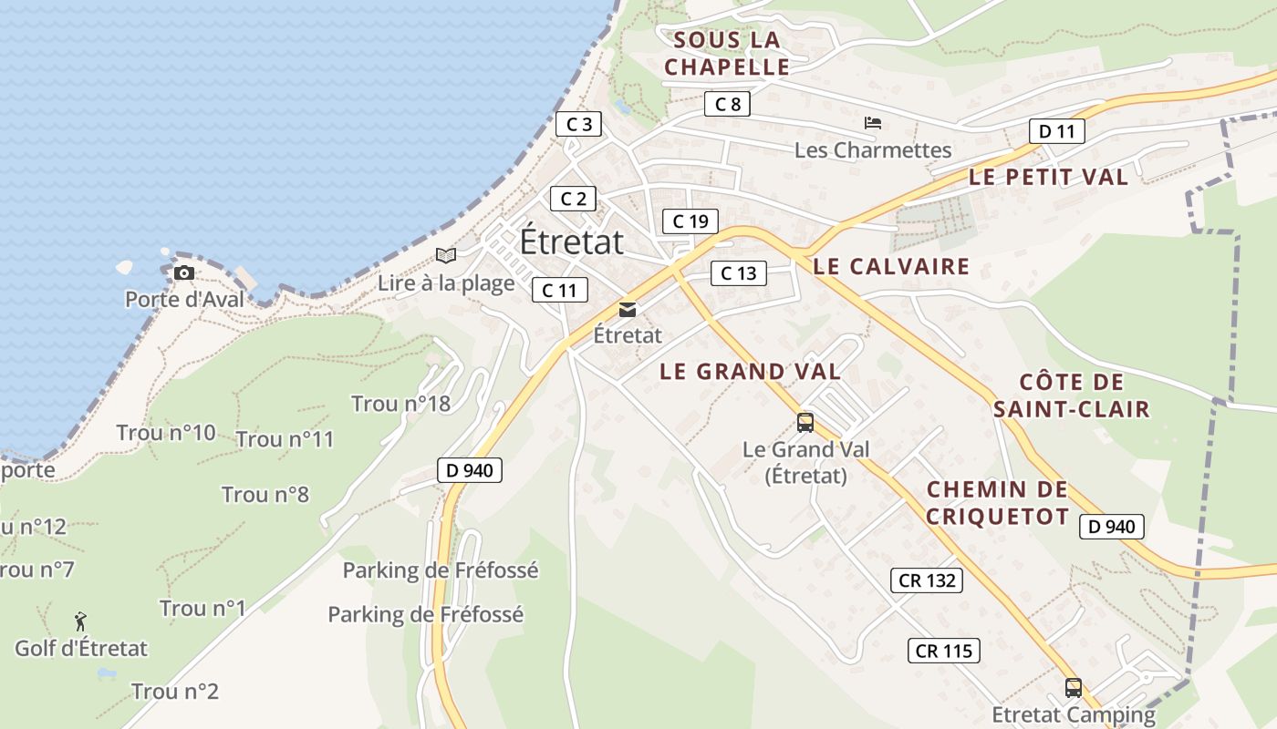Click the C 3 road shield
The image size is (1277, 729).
[x=578, y=124]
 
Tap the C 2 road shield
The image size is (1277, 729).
[x=573, y=199]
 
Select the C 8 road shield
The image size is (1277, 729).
[x=727, y=104]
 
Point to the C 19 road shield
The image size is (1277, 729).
[x=690, y=221]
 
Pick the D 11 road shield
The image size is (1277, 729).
[x=1056, y=131]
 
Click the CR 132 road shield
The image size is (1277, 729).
[x=926, y=580]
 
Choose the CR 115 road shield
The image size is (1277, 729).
[x=944, y=651]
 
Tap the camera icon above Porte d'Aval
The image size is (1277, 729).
[x=184, y=272]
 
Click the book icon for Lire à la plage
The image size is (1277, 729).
[x=445, y=256]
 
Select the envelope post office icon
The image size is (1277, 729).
[x=628, y=310]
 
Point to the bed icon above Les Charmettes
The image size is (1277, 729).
[x=873, y=123]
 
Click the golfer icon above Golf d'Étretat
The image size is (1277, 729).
[x=81, y=621]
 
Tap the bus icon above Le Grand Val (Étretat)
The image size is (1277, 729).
[x=805, y=422]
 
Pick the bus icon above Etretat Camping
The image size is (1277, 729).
[x=1074, y=687]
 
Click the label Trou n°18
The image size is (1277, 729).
[x=400, y=404]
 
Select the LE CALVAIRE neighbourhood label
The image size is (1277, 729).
[x=890, y=267]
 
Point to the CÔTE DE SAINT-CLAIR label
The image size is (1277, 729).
[x=1071, y=395]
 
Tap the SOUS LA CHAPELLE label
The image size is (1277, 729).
[x=727, y=54]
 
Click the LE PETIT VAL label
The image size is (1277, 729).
[x=1048, y=178]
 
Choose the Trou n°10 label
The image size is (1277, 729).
[x=166, y=433]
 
